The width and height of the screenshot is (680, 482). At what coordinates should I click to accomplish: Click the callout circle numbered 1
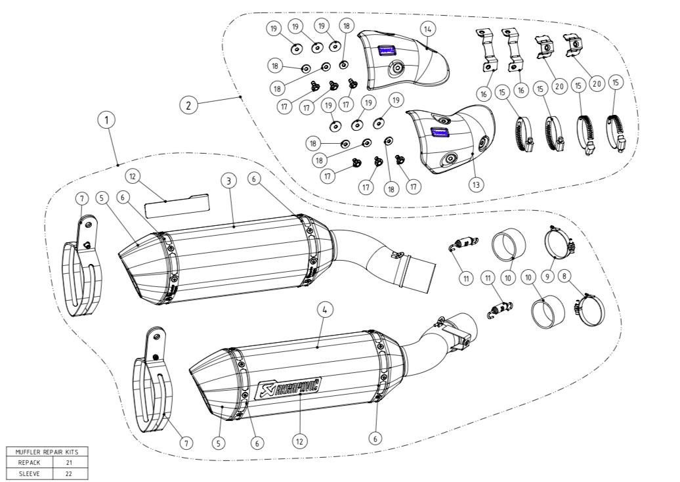pyautogui.click(x=106, y=121)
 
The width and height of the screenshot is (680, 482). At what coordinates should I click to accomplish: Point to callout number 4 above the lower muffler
pyautogui.click(x=322, y=309)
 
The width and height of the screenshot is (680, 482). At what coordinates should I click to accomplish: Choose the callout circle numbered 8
pyautogui.click(x=563, y=278)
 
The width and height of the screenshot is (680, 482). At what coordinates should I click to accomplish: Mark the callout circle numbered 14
pyautogui.click(x=428, y=29)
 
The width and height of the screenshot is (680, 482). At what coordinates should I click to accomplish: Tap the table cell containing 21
pyautogui.click(x=69, y=462)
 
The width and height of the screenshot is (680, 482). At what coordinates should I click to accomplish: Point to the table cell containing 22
pyautogui.click(x=69, y=471)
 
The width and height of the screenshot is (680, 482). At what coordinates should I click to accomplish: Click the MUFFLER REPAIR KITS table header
pyautogui.click(x=47, y=452)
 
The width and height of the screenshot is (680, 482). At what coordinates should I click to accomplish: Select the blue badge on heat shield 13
pyautogui.click(x=438, y=133)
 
